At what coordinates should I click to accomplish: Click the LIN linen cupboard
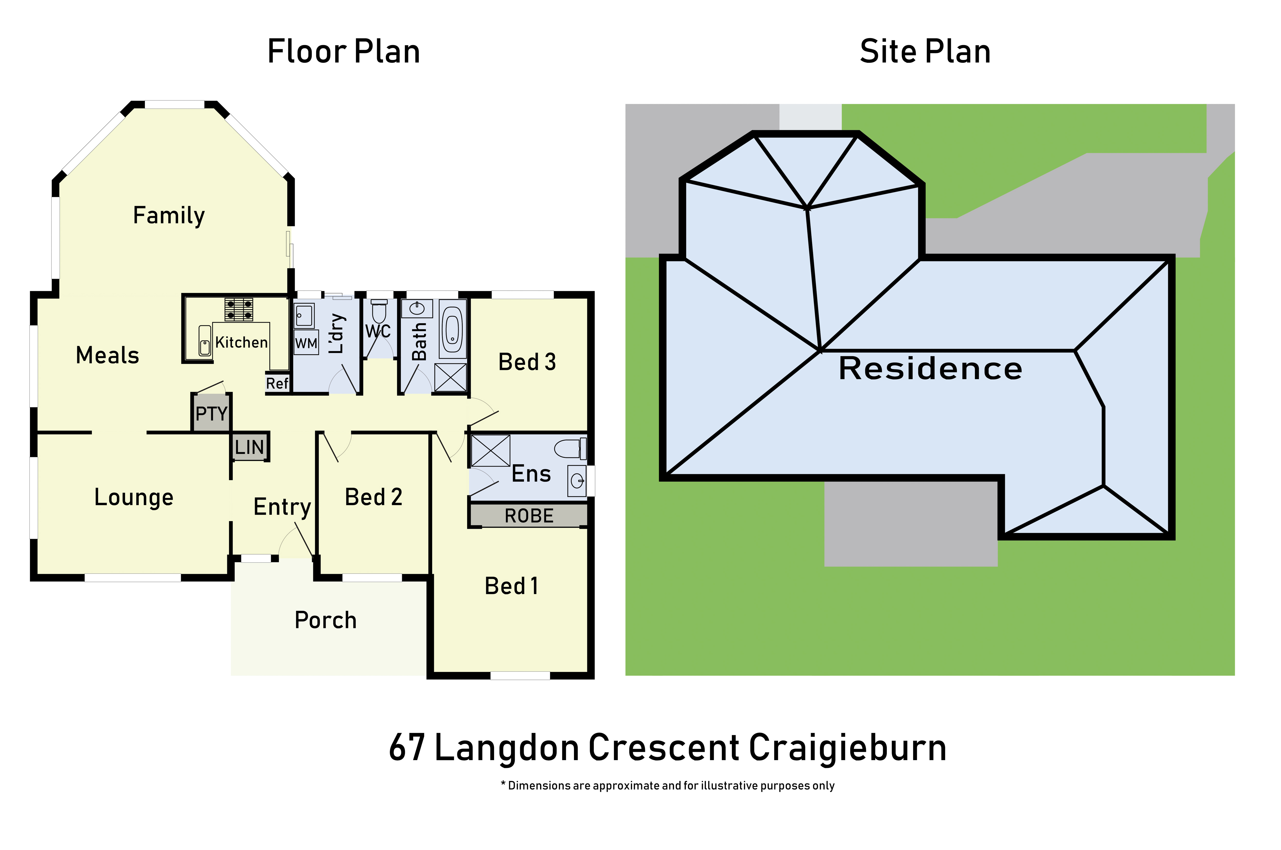click(x=249, y=447)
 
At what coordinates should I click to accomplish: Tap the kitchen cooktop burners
click(x=239, y=310)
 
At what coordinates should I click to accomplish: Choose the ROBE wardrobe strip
click(x=529, y=516)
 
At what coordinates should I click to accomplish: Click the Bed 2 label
click(x=374, y=497)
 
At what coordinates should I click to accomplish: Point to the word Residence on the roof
click(x=930, y=369)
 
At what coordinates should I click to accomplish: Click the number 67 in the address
click(x=407, y=748)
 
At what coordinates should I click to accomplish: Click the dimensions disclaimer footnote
click(x=667, y=785)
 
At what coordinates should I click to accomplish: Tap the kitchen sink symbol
click(x=205, y=340)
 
